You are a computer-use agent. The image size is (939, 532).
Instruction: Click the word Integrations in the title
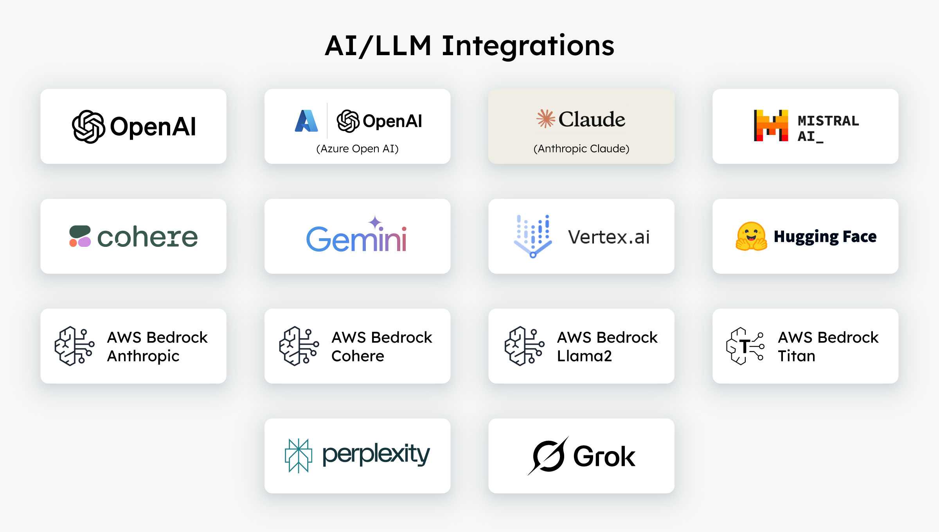(528, 47)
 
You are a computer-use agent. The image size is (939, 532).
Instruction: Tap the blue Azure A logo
(306, 120)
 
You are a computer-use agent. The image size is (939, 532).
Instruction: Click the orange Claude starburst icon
(545, 119)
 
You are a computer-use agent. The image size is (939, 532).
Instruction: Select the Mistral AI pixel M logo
(771, 125)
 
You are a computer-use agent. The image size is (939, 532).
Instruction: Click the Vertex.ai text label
(609, 237)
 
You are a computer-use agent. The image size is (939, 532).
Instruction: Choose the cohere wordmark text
(148, 237)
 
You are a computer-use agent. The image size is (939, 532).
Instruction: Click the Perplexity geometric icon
(299, 456)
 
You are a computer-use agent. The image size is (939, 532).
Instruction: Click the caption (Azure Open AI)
(357, 149)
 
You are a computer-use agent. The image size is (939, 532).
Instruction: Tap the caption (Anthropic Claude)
(581, 149)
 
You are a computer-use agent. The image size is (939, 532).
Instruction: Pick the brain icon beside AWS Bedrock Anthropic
(74, 346)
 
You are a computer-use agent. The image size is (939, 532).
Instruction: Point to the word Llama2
(584, 356)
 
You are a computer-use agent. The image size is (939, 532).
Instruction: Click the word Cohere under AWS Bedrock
(358, 356)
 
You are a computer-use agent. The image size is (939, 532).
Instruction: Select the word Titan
(797, 356)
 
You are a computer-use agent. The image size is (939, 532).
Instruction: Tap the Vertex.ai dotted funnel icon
(532, 236)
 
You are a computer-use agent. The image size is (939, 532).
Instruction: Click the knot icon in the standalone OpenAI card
(88, 126)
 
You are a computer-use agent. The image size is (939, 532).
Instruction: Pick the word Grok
(604, 456)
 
